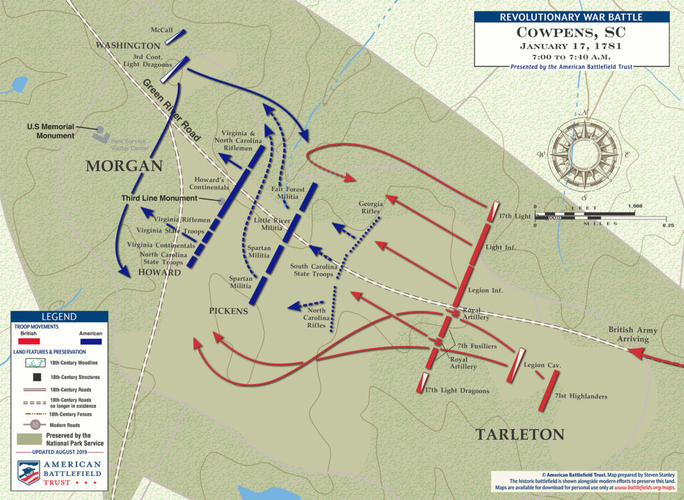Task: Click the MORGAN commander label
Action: [124, 165]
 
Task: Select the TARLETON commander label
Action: [520, 434]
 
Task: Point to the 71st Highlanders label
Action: [581, 396]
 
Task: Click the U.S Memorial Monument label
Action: [51, 131]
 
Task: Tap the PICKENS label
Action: [229, 311]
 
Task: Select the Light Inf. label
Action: [502, 247]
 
